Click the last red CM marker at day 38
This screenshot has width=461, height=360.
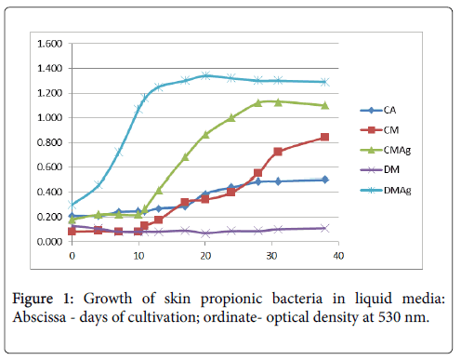click(x=324, y=138)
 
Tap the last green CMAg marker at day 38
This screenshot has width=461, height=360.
click(x=324, y=105)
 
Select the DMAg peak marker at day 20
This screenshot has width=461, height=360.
click(x=205, y=75)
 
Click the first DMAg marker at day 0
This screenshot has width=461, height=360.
click(x=72, y=205)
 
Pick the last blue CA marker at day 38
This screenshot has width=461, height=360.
click(x=324, y=180)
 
